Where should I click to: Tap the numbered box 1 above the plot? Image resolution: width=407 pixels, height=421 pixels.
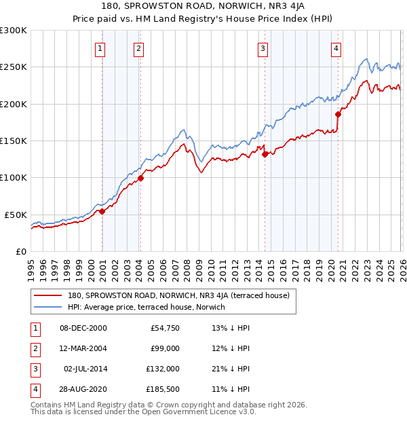coord(100,48)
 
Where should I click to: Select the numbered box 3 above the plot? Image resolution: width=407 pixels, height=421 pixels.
coord(263,48)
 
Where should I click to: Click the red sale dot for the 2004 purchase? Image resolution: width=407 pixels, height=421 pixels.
coord(141,179)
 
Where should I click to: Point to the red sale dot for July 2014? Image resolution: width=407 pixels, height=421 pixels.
coord(265,154)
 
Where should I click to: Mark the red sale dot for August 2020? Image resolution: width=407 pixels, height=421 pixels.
coord(338,115)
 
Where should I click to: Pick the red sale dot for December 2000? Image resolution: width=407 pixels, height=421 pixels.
coord(102,211)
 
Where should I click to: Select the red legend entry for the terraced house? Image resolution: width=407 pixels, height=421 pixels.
coord(178,295)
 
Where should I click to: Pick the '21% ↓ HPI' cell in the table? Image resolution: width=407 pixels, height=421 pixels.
coord(231,369)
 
